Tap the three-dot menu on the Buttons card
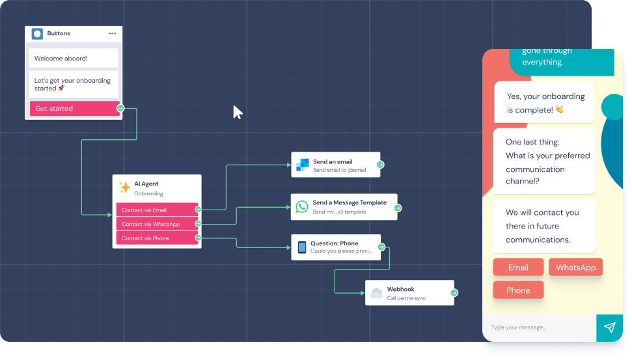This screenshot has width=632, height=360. pos(113,34)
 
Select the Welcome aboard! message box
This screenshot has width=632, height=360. pos(74,59)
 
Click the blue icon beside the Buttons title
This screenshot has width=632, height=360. pos(38,34)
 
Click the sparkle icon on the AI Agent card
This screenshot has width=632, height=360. pos(124,187)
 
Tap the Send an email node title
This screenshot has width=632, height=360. pos(333,162)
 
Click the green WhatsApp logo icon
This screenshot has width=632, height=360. pos(302,206)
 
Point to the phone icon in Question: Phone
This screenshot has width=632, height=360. pos(302,247)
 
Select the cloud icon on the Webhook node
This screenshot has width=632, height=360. pos(376,293)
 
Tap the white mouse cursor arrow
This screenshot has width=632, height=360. pos(238,112)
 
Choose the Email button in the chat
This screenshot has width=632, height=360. pos(518,268)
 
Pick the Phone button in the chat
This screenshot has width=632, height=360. pos(518,290)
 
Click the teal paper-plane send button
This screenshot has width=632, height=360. pos(609,327)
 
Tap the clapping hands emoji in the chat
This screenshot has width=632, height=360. pos(559,110)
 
